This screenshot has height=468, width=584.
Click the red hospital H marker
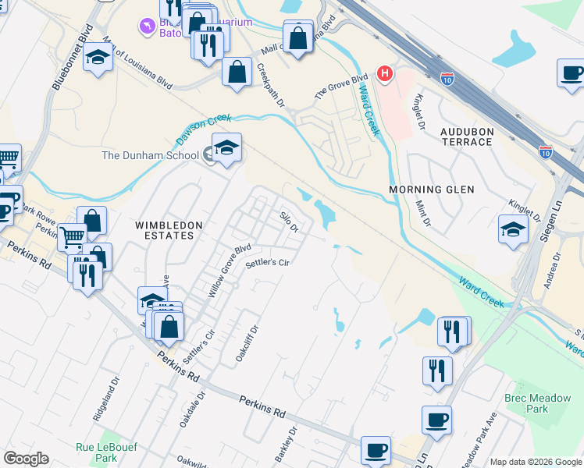(x=384, y=74)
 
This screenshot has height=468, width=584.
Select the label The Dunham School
(x=150, y=155)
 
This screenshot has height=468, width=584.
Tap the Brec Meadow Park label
(x=537, y=403)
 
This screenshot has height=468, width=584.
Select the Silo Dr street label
(x=290, y=221)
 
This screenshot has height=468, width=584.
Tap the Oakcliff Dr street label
(x=247, y=344)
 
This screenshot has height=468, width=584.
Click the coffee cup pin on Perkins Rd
(x=376, y=450)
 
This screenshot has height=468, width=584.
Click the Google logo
(x=26, y=459)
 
